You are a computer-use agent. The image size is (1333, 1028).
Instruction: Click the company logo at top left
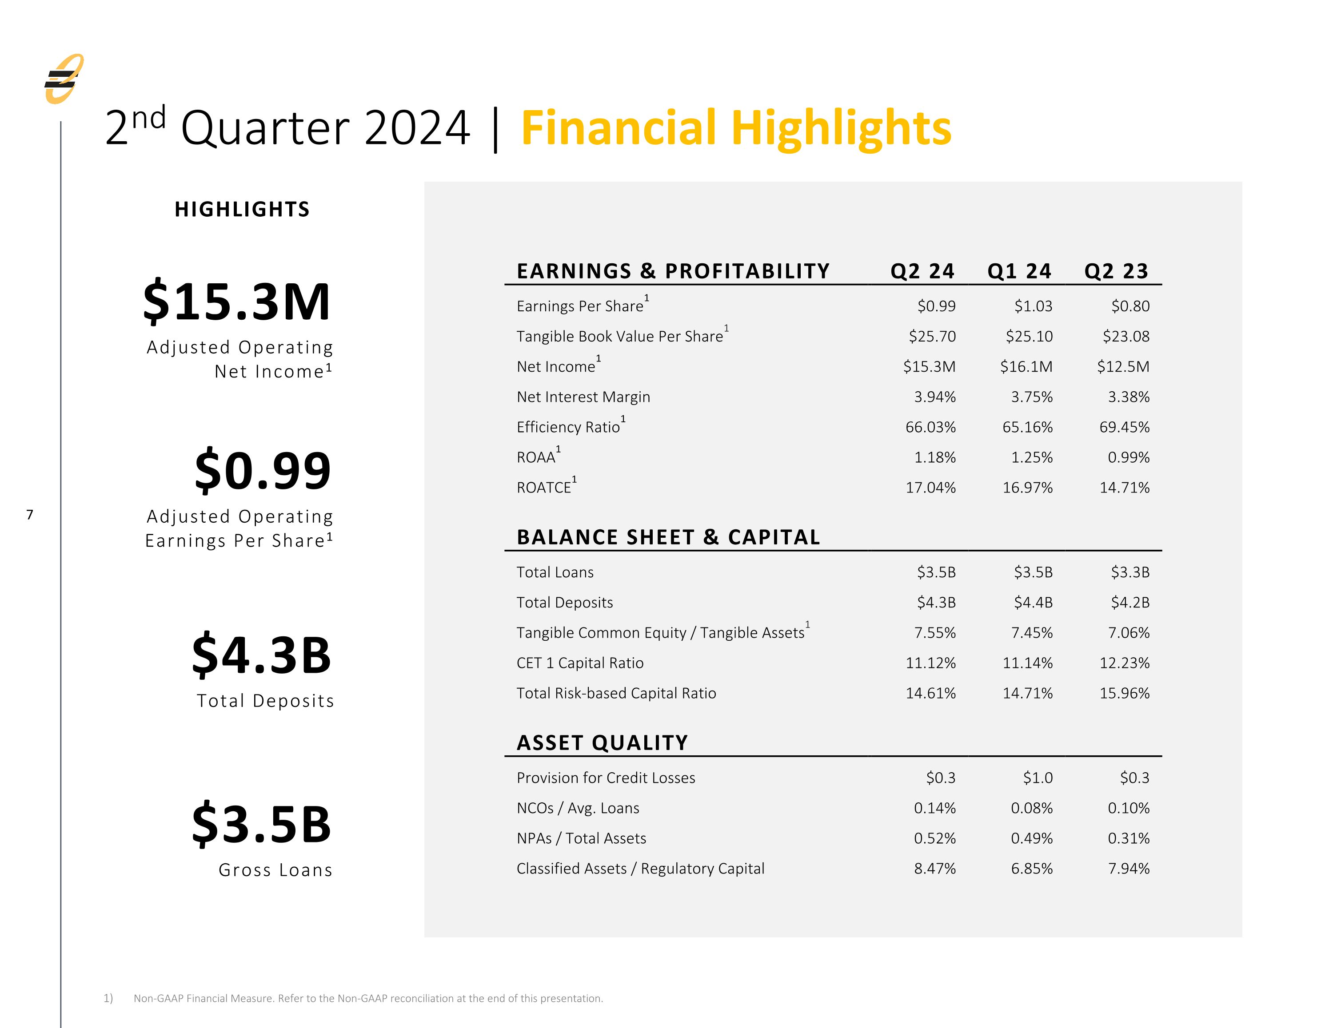(64, 79)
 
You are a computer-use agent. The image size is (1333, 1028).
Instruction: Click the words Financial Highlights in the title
(736, 129)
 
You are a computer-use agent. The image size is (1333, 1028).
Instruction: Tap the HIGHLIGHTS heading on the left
(242, 209)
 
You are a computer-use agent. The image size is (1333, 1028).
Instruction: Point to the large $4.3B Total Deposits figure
(262, 655)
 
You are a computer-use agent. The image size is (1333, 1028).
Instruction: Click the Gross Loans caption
(276, 870)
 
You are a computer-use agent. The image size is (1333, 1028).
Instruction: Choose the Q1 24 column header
(1019, 271)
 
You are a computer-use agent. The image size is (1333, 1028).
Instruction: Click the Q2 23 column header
(1116, 271)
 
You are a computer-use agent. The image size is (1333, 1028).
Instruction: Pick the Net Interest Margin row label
(583, 397)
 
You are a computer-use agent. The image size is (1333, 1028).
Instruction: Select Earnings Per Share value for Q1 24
(1034, 306)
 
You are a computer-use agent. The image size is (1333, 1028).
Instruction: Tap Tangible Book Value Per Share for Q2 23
(1126, 336)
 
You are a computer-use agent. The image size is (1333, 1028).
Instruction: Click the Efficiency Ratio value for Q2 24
(931, 427)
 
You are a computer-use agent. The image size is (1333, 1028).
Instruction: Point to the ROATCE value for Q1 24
(1028, 488)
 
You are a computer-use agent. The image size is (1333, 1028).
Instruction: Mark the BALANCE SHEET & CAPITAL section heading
(668, 537)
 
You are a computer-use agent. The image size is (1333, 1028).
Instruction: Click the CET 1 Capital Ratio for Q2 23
(1125, 663)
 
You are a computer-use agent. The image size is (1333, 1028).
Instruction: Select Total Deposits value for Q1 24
(1034, 603)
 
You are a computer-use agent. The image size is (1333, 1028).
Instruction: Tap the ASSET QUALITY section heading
(603, 742)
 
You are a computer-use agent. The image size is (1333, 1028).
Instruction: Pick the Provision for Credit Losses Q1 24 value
(1038, 778)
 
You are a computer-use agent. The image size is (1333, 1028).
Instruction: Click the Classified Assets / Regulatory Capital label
(640, 869)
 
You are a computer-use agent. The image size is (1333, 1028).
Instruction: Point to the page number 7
(30, 515)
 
